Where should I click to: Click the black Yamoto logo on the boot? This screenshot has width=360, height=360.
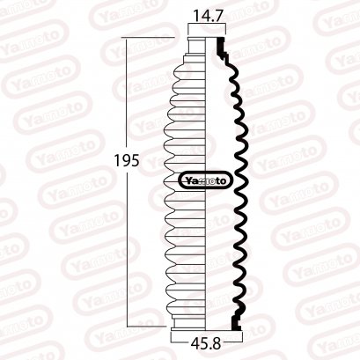tap(207, 181)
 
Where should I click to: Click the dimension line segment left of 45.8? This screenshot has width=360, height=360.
tap(179, 335)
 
